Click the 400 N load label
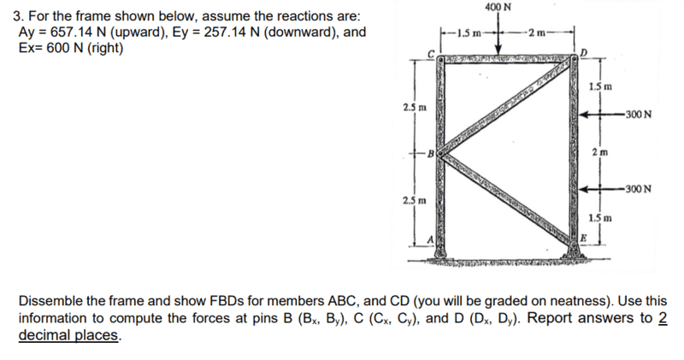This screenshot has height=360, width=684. pos(498,8)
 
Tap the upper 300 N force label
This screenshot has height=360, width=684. pos(638,115)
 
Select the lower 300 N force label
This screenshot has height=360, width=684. pos(638,189)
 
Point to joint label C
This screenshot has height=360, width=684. pos(431,54)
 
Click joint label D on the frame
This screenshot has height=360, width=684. pos(584,53)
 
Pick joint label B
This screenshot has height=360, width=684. pos(431,154)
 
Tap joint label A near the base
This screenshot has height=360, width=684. pos(431,239)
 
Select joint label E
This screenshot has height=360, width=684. pos(583,238)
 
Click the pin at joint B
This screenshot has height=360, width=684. pos(441,153)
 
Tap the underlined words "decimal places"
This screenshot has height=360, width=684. pos(68,335)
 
